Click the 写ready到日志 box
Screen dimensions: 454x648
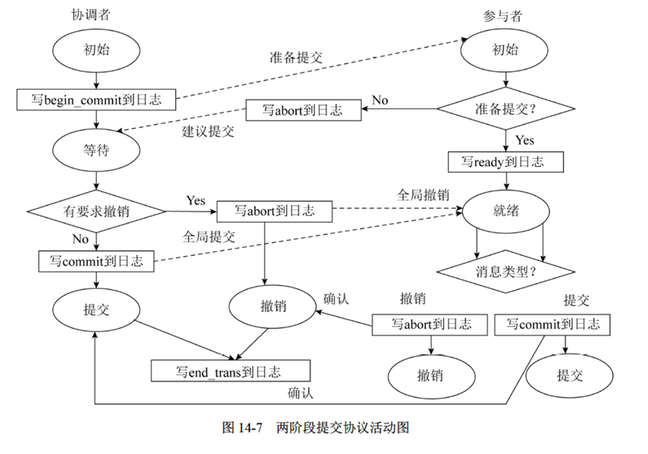[506, 162]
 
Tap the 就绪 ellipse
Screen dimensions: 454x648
[506, 210]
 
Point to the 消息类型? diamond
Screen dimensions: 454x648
[506, 270]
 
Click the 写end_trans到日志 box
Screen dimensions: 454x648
[230, 372]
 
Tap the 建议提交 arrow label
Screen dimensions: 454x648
[207, 131]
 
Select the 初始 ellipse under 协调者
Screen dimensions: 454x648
[96, 51]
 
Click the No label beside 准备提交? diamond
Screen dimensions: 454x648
[380, 100]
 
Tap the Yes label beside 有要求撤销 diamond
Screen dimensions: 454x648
[196, 200]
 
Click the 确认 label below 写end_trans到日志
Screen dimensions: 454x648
[301, 394]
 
